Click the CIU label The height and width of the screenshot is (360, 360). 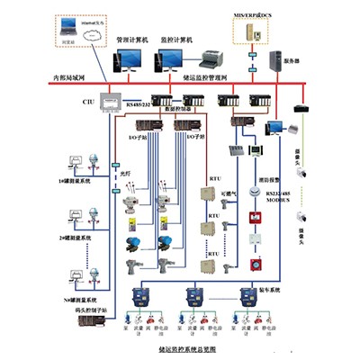(89, 102)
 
